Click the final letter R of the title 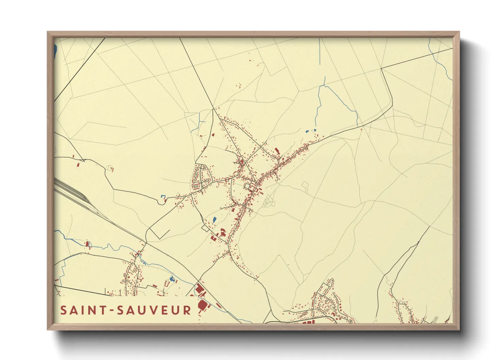[x=187, y=310]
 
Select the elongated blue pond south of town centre [x=214, y=220]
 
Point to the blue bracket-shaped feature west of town [x=163, y=196]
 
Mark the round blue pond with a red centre [x=172, y=279]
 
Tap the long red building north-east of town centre [x=277, y=151]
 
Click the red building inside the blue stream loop [x=87, y=244]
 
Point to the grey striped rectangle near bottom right [x=435, y=319]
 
